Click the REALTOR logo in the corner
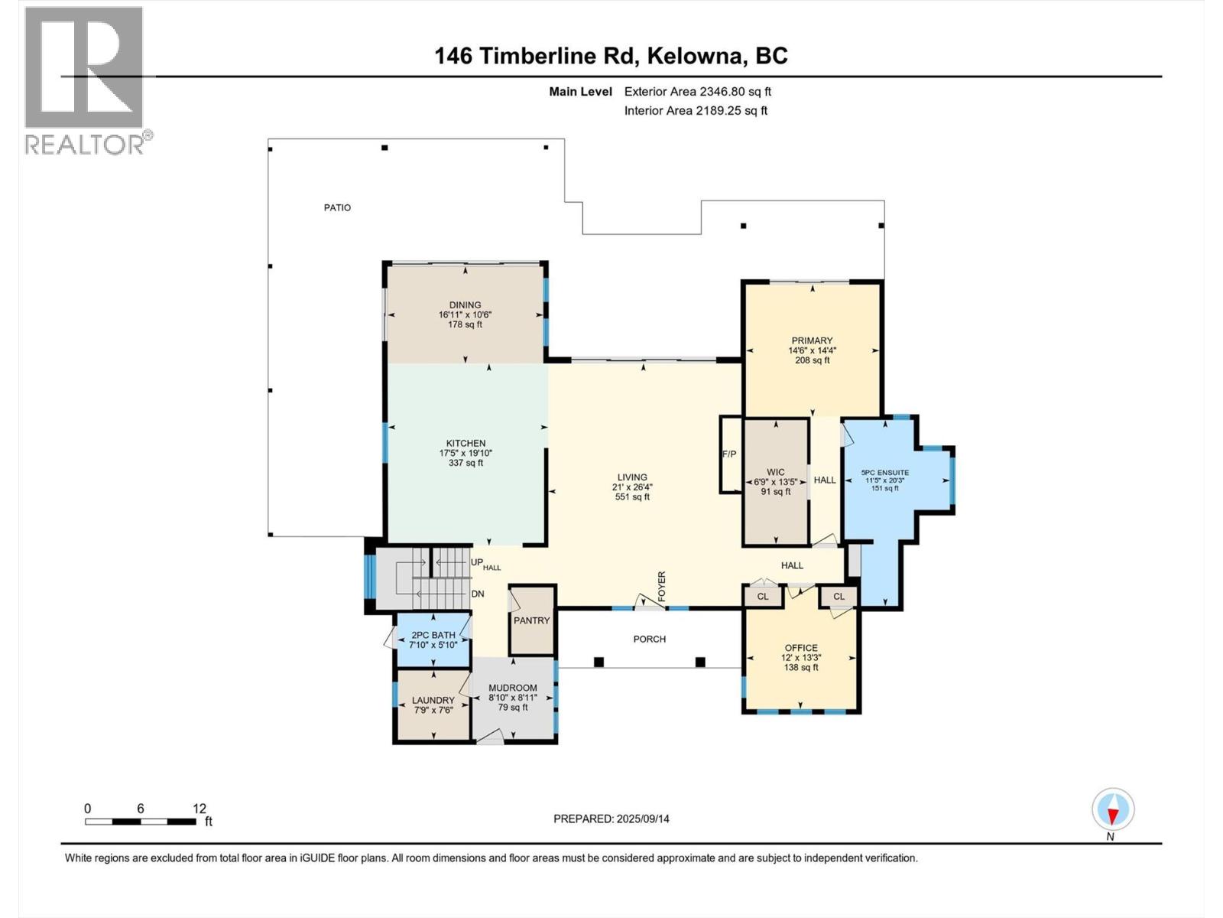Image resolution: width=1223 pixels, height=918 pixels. pos(84,80)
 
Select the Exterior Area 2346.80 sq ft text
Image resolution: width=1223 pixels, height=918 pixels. pos(697,91)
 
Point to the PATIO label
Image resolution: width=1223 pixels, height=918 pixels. pos(337,207)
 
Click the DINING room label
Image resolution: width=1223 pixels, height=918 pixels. pos(465,304)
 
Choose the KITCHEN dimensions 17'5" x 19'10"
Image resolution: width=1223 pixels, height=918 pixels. pos(466,453)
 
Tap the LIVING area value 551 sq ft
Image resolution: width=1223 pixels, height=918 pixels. pos(632,496)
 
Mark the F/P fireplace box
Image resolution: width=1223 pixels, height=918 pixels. pos(729,454)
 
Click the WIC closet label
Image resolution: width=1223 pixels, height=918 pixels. pos(775,472)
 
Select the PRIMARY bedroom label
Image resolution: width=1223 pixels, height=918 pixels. pos(812,340)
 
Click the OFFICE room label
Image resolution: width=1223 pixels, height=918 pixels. pos(800,647)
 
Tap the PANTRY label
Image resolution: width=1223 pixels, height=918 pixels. pos(531,620)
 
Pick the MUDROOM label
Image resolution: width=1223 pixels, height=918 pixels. pos(513,687)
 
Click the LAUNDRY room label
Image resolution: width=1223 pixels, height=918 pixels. pos(433,700)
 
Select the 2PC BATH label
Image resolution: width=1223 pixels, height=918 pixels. pos(433,635)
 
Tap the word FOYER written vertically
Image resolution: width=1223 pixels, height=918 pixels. pos(662,586)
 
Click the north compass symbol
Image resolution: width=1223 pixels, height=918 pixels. pos(1113,810)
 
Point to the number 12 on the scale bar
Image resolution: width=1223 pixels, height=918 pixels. pos(200,809)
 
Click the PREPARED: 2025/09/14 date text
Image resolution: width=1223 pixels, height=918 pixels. pos(611,819)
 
